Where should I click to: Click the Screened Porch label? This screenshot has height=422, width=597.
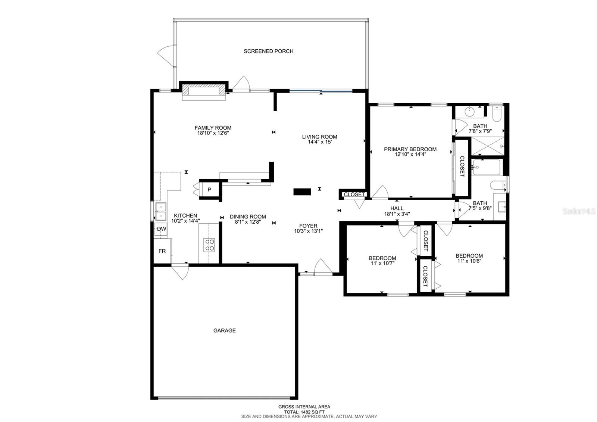point(268,51)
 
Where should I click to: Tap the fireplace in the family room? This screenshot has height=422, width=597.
point(204,91)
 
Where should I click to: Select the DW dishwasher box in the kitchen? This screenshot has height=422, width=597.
point(161,229)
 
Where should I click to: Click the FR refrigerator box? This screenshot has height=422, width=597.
point(162,251)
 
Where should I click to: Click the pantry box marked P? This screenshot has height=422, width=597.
point(209,190)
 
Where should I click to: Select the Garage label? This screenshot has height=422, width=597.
point(224,331)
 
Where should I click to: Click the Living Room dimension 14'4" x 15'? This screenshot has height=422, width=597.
point(319,142)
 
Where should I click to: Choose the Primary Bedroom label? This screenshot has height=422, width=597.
point(410,149)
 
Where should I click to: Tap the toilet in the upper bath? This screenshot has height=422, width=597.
point(496,114)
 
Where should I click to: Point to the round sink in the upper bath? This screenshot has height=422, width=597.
point(469,111)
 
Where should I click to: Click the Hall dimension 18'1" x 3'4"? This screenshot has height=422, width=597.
point(397,214)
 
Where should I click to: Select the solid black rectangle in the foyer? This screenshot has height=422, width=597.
point(302,192)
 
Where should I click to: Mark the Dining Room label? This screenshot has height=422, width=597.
point(248,217)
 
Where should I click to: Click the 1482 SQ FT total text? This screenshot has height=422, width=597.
point(304,412)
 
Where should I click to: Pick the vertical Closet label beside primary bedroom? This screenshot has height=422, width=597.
point(462,166)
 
